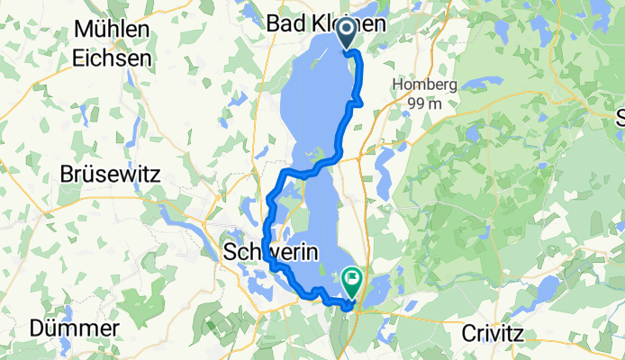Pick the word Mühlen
pyautogui.click(x=112, y=30)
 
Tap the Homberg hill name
pyautogui.click(x=426, y=85)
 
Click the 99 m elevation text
pyautogui.click(x=426, y=103)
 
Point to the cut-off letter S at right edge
pyautogui.click(x=620, y=117)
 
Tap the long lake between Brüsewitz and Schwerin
pyautogui.click(x=189, y=220)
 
